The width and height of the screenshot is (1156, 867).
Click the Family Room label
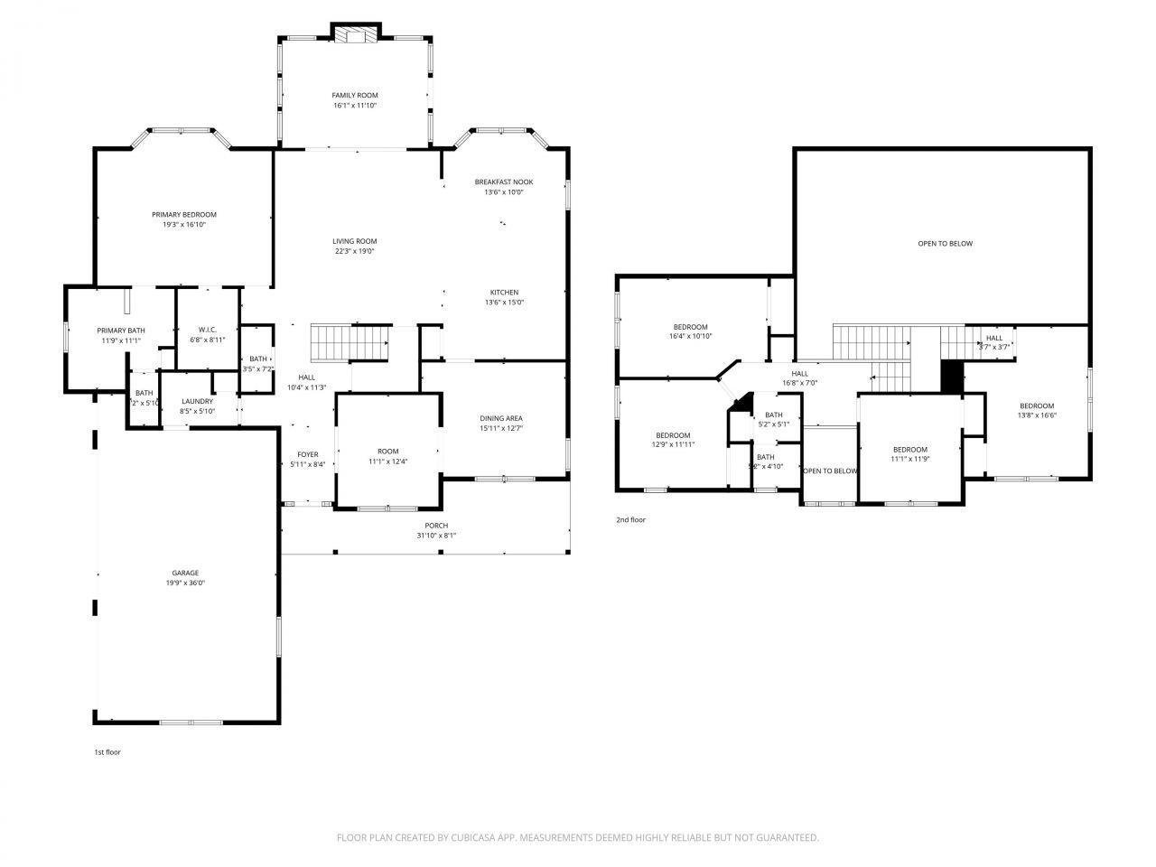click(354, 95)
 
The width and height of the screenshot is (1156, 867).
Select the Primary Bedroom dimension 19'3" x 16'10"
click(184, 225)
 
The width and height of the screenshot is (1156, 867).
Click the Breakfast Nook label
click(504, 182)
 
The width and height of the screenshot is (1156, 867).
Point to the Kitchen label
click(504, 292)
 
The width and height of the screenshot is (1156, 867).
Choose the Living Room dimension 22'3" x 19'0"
click(354, 252)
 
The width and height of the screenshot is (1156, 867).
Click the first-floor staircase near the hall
click(350, 342)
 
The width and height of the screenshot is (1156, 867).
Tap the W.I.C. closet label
click(207, 330)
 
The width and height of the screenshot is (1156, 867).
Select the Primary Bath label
click(121, 331)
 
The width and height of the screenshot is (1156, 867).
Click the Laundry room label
click(197, 401)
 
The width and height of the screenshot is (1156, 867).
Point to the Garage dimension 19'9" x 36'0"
click(185, 583)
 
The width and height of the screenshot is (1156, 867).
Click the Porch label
click(436, 526)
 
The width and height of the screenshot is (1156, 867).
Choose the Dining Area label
click(501, 418)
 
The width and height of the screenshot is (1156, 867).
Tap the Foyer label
click(307, 454)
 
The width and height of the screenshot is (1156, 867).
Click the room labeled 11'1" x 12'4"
click(388, 456)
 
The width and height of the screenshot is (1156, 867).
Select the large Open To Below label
click(945, 243)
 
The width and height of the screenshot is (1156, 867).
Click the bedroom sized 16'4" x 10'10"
click(690, 331)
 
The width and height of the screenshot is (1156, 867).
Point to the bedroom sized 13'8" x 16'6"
click(1037, 411)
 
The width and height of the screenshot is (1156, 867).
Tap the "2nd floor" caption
click(630, 519)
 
